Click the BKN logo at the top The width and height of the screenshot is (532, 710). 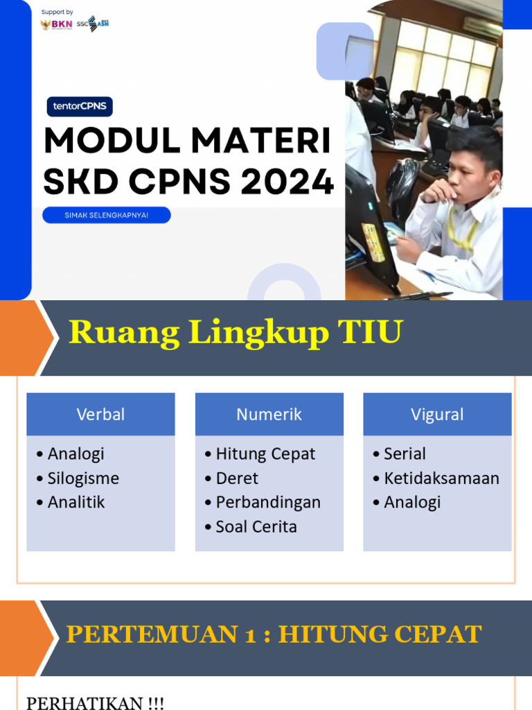point(57,24)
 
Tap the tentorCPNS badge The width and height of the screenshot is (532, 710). point(80,107)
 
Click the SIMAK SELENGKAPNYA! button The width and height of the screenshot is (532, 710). point(107,216)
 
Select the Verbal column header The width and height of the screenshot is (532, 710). point(100,415)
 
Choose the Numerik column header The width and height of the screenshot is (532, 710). point(269,415)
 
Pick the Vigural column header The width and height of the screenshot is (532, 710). point(437,415)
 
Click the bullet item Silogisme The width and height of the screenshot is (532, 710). point(83,478)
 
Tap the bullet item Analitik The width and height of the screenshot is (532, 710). point(76,503)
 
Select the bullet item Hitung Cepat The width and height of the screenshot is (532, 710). point(265,454)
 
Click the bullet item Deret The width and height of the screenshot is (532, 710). point(237,478)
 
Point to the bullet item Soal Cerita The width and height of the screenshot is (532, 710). point(256,527)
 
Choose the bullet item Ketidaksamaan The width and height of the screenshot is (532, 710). point(441,478)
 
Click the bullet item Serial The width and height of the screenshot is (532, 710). point(405,454)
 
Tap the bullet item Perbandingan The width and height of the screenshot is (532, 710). point(268,503)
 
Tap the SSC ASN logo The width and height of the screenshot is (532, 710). point(93,24)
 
